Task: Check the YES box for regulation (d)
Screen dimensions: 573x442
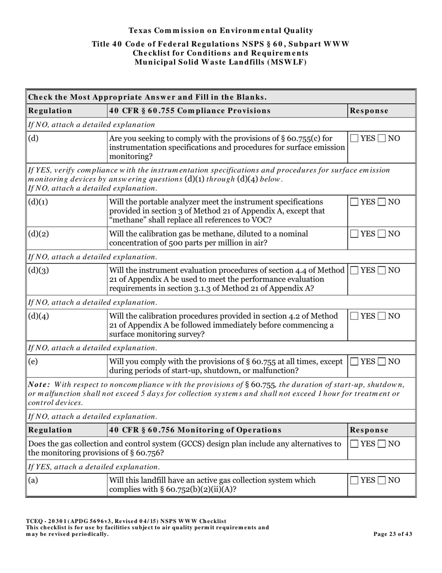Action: pos(355,138)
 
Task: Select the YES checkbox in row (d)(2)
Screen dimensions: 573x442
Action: pos(355,233)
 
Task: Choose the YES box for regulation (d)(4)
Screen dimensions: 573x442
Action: pos(355,316)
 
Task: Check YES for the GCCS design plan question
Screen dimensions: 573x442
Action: pos(355,444)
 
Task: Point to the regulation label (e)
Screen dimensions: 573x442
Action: pos(33,362)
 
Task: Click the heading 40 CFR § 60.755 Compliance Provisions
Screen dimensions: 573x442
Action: pos(190,111)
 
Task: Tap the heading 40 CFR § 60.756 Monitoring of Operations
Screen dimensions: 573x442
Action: pos(195,430)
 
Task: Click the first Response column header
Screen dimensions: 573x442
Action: pos(369,111)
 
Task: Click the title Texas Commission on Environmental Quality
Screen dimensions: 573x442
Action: pos(221,31)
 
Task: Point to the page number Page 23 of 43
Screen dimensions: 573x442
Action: pos(393,534)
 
